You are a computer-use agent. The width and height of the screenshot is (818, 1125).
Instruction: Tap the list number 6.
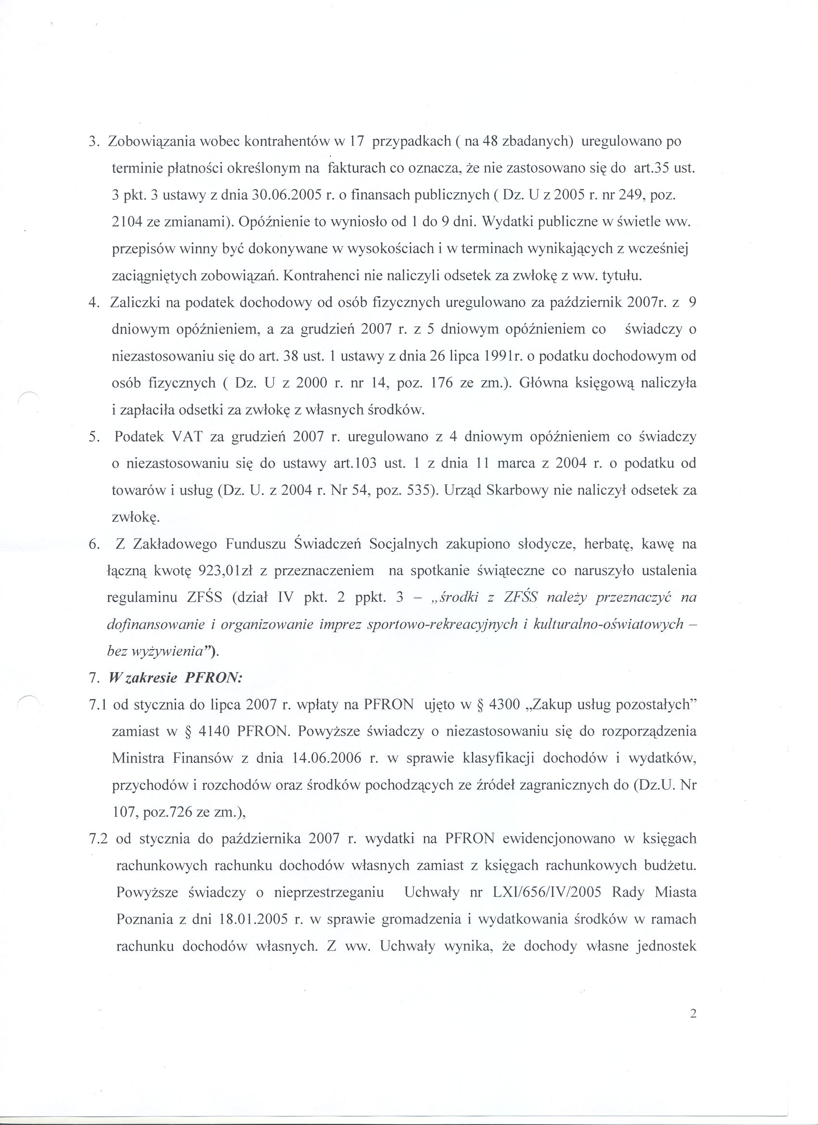pos(93,544)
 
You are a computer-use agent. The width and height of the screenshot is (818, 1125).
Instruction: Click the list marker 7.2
pos(98,839)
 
